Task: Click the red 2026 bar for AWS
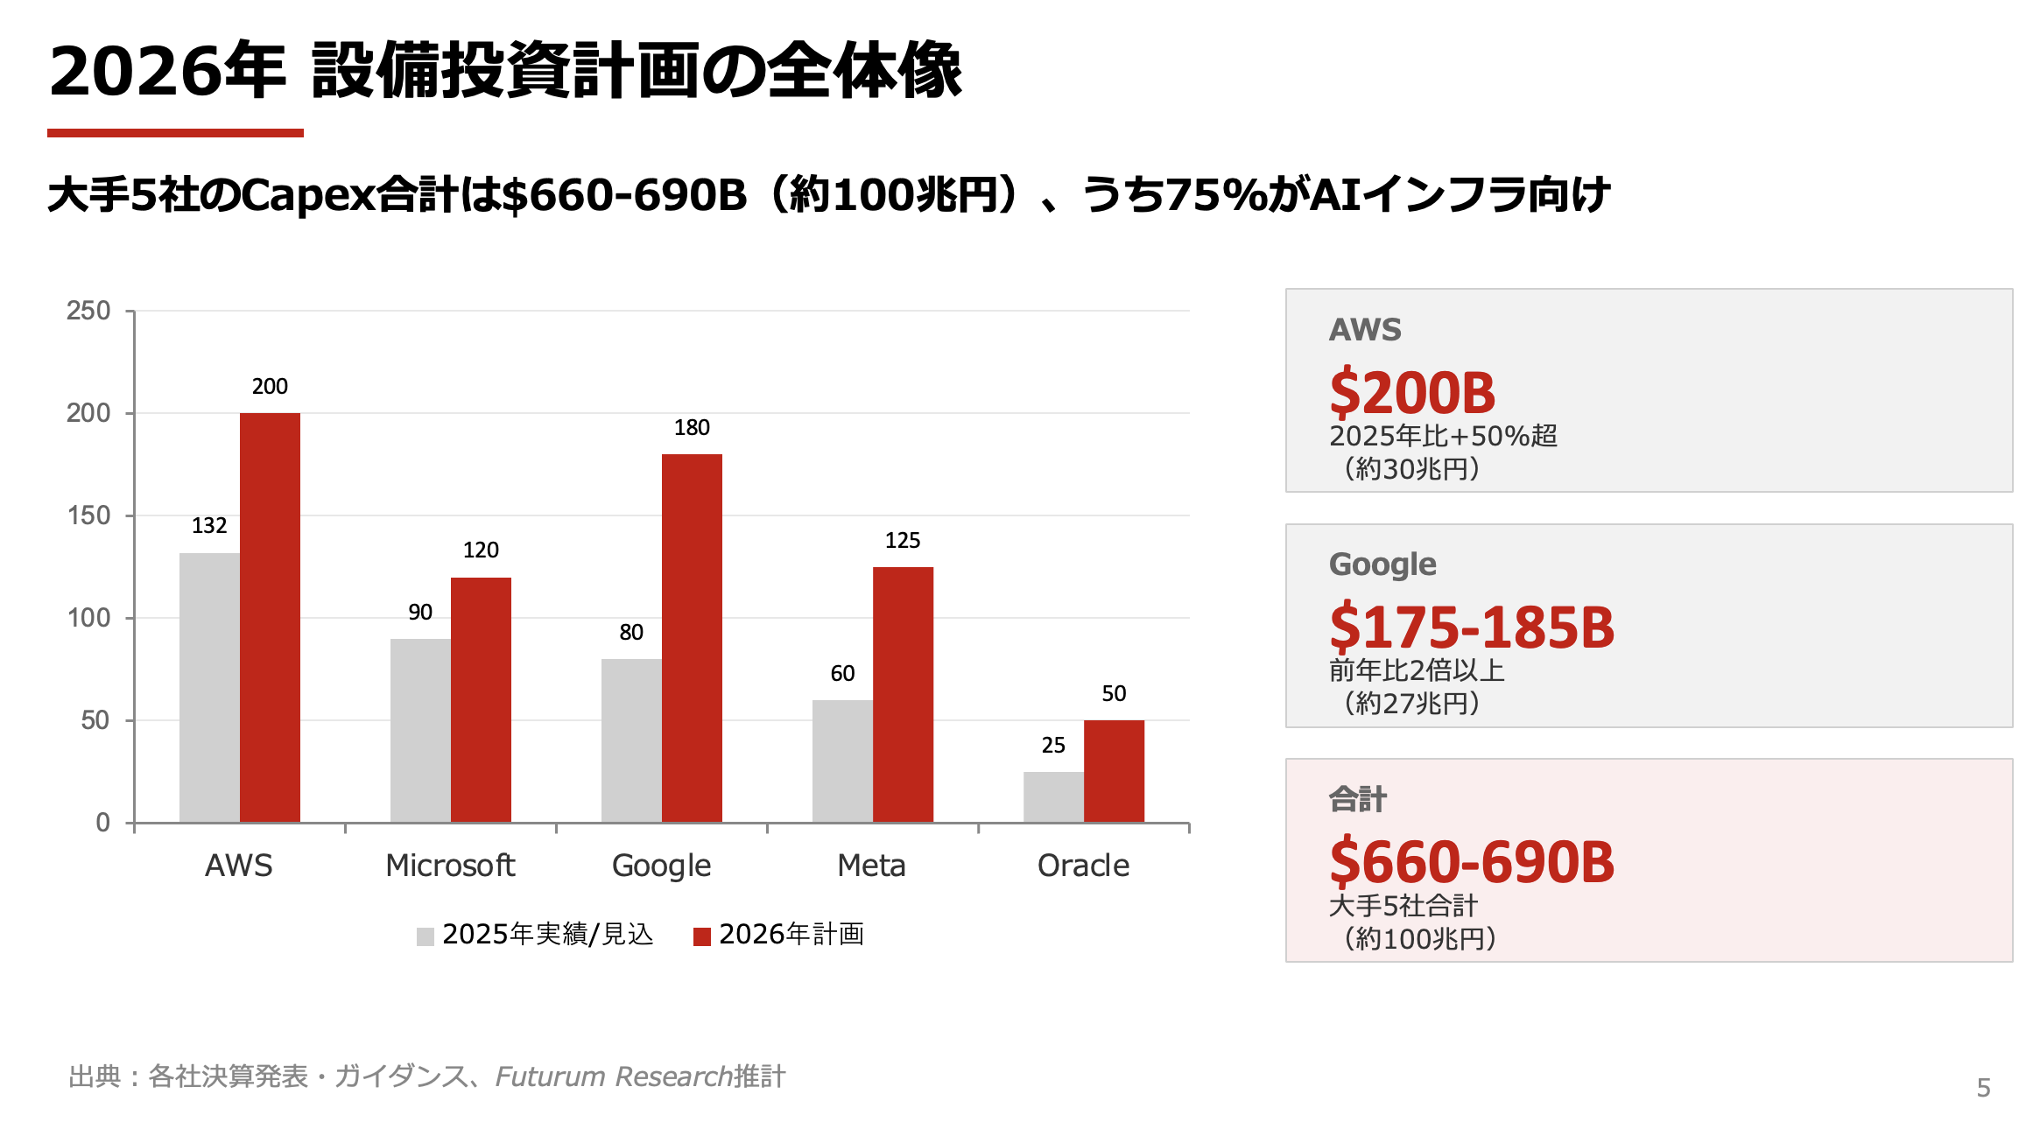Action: point(270,617)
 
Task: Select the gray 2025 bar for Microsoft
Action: point(420,731)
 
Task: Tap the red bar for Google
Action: point(692,638)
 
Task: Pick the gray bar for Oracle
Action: point(1053,797)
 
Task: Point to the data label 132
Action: point(209,525)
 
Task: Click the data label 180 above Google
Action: point(692,427)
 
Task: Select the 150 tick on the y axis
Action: point(88,515)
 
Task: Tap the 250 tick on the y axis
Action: point(88,311)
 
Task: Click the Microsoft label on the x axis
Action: point(450,866)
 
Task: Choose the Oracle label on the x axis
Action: point(1083,866)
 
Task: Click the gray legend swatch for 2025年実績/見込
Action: point(426,936)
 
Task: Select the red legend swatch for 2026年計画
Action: point(701,936)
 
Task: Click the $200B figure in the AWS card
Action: point(1411,393)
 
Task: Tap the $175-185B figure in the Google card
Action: point(1471,628)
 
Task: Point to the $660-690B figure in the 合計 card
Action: point(1471,862)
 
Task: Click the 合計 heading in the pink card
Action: point(1357,799)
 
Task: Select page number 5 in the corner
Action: point(1983,1088)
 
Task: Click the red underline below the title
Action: point(175,133)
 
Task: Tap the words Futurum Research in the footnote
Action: point(613,1076)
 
